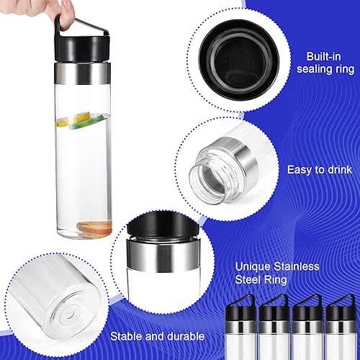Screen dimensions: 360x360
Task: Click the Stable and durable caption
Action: (x=157, y=336)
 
